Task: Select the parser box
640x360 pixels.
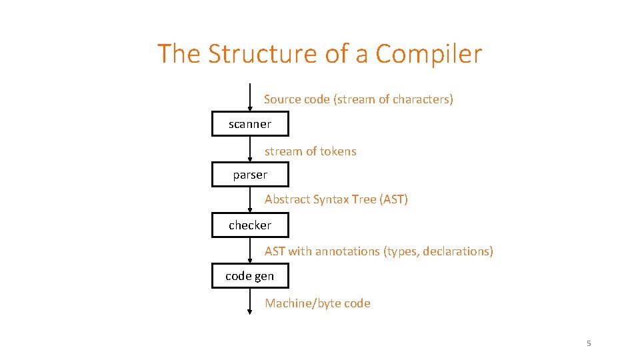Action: [x=250, y=175]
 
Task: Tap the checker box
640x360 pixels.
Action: [x=250, y=225]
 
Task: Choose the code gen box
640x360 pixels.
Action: [x=250, y=276]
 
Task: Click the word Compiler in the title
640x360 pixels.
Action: [x=428, y=53]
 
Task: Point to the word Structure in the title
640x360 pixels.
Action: [x=263, y=53]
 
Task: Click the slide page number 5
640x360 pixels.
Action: [x=589, y=343]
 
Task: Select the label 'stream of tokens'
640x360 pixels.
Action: [x=310, y=151]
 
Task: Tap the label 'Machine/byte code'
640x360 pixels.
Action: [x=317, y=303]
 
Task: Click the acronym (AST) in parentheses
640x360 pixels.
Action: [x=393, y=199]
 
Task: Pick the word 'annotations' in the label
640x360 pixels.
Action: [x=347, y=251]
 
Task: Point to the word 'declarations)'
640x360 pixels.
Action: [x=459, y=251]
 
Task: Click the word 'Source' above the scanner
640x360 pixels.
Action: [x=282, y=99]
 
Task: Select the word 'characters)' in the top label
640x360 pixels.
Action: [x=423, y=99]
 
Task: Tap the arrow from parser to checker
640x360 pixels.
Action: [x=250, y=200]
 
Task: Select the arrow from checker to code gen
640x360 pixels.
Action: [x=250, y=251]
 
